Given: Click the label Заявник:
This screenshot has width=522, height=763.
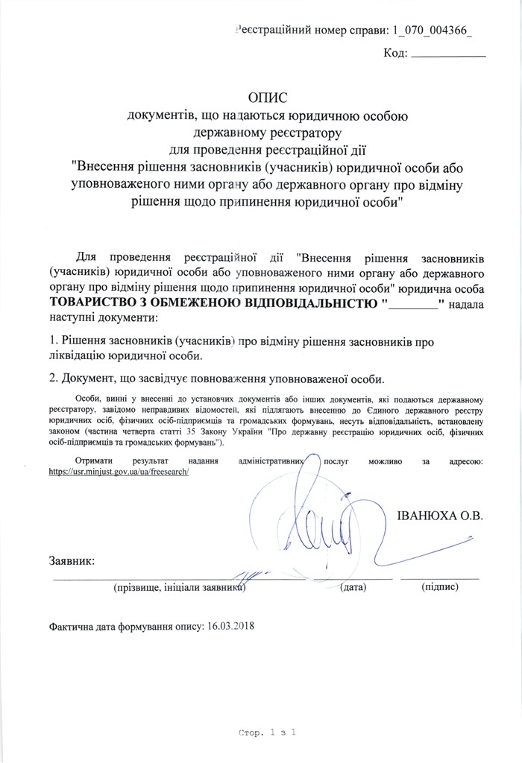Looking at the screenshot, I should [x=72, y=560].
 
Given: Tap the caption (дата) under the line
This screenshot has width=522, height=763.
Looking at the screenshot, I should [x=353, y=587].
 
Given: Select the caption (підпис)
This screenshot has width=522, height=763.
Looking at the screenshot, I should [x=439, y=587].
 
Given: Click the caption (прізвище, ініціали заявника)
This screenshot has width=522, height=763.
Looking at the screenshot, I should [x=180, y=587].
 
